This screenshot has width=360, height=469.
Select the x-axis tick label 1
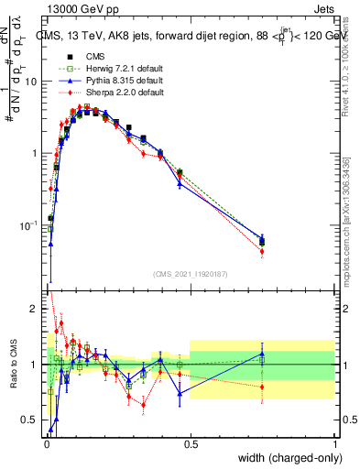click(334, 444)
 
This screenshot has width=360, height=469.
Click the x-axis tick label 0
click(46, 444)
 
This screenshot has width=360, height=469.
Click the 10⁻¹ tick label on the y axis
click(29, 225)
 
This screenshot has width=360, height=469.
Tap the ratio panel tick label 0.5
click(31, 420)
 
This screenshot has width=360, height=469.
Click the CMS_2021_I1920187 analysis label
click(191, 274)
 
